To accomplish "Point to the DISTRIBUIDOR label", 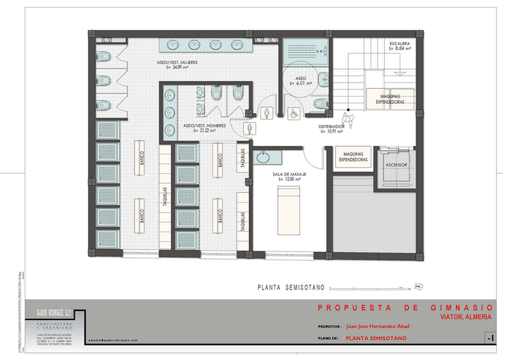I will point(335,126).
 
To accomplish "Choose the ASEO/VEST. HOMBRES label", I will point(201,126).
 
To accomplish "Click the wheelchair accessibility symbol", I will point(294,113).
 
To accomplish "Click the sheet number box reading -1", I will point(489,337).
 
